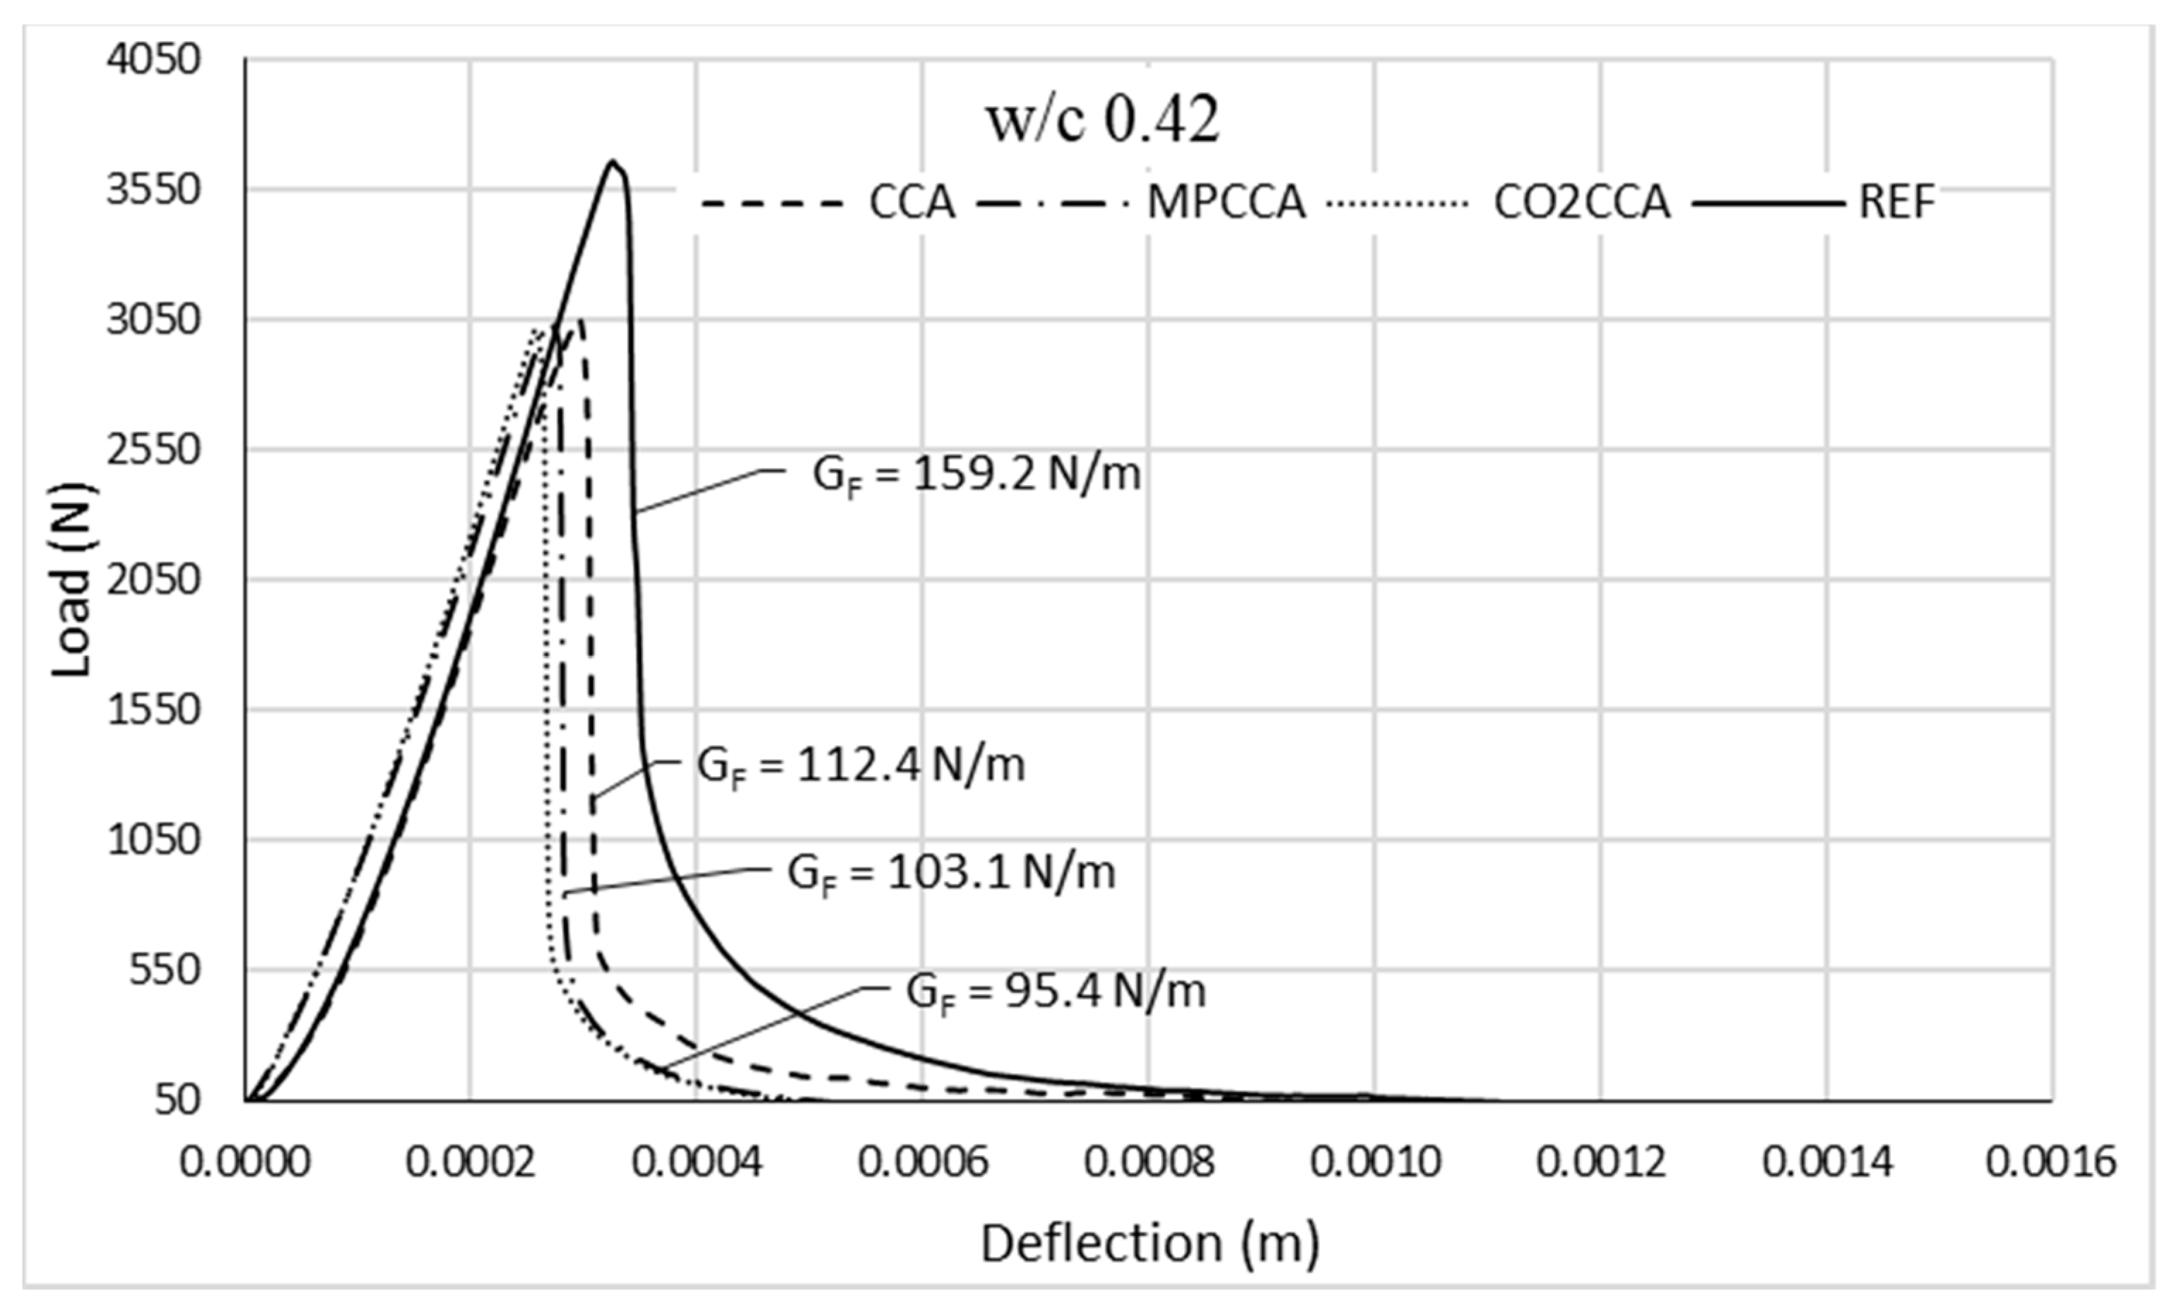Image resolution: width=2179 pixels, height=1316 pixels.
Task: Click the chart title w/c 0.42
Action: click(x=1103, y=121)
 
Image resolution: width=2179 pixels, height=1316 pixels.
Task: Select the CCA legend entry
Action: click(x=911, y=203)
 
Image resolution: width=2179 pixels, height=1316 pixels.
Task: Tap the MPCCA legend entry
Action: click(x=1226, y=203)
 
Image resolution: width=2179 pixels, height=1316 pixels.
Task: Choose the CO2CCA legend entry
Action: click(x=1581, y=203)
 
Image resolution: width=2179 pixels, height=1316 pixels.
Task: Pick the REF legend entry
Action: click(x=1896, y=203)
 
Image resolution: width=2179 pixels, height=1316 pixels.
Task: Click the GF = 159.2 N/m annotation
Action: click(x=976, y=476)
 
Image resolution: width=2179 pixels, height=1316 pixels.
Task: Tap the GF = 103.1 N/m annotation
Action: click(x=950, y=874)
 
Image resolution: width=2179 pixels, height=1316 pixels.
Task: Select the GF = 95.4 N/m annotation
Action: click(x=1055, y=992)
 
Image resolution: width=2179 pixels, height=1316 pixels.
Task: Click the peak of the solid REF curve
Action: click(x=612, y=162)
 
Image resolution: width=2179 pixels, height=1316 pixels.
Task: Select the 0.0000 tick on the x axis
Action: click(x=245, y=1161)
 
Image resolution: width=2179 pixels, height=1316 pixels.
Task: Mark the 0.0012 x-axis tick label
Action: click(x=1600, y=1161)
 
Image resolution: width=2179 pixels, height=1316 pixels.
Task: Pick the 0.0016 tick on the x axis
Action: click(x=2050, y=1161)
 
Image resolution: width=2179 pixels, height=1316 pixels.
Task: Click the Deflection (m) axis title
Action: click(x=1150, y=1242)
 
